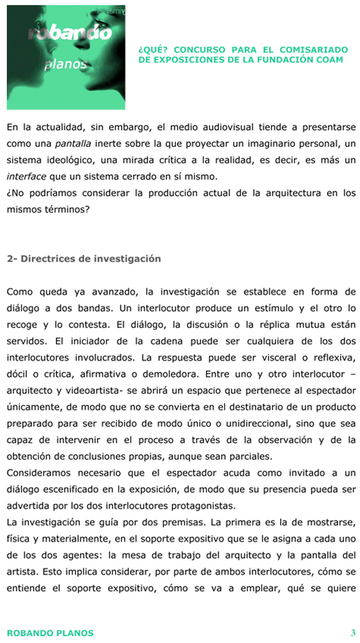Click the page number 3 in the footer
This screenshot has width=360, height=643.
[x=353, y=633]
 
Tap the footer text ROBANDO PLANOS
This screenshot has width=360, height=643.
[x=50, y=633]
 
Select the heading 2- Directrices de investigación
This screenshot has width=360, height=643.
[x=84, y=258]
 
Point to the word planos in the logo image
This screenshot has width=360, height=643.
[x=66, y=64]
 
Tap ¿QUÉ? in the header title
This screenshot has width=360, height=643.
[x=153, y=50]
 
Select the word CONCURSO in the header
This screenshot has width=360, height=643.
[x=199, y=50]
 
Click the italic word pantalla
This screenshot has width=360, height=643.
[x=73, y=144]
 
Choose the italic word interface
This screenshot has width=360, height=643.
[x=26, y=176]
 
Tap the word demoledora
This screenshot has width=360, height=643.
[x=170, y=374]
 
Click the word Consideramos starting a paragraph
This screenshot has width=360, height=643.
[x=39, y=473]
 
